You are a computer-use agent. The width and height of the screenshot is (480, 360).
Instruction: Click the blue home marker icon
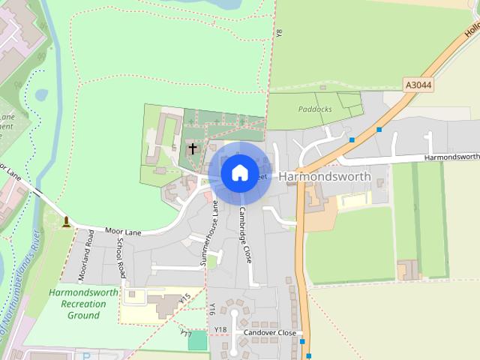[x=239, y=172]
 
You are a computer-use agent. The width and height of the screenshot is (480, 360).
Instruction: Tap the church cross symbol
[x=193, y=148]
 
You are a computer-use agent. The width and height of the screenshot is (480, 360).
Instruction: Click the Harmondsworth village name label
[x=325, y=175]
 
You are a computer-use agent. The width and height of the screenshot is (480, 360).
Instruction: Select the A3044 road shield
[x=417, y=85]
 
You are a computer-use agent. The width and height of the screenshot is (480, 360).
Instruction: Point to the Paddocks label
[x=313, y=109]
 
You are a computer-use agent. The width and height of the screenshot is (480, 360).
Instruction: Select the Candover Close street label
[x=269, y=332]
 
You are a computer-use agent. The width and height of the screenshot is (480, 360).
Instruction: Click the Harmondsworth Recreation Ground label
[x=83, y=304]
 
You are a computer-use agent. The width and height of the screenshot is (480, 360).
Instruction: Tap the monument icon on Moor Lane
[x=67, y=221]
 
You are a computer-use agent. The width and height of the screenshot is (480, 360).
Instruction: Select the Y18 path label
[x=220, y=330]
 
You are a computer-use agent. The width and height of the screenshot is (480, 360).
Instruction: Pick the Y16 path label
[x=213, y=308]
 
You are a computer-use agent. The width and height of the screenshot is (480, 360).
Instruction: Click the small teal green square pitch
[x=197, y=340]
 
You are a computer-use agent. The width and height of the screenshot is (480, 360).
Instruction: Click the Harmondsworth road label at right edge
[x=451, y=157]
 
